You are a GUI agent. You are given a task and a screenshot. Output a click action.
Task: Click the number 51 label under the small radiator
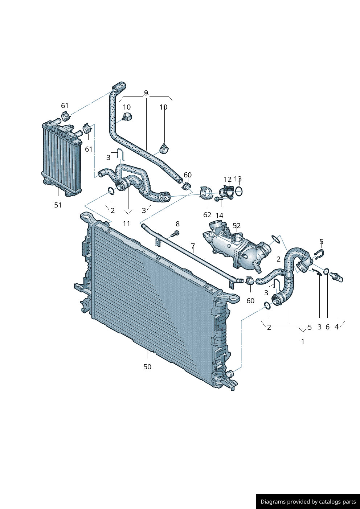[x=58, y=205]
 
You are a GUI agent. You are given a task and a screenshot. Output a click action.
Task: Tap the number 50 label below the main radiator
[x=147, y=367]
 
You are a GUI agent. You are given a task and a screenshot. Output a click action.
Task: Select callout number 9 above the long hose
[x=146, y=93]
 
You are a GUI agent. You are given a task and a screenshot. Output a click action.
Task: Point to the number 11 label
[x=126, y=223]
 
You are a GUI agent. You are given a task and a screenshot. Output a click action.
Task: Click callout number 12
[x=228, y=179]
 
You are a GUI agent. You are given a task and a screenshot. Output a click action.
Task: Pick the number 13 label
[x=238, y=179]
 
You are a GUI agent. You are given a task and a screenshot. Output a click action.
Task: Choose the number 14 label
[x=219, y=215]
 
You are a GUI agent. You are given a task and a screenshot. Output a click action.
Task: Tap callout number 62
[x=207, y=215]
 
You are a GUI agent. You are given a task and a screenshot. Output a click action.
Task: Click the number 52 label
[x=237, y=226]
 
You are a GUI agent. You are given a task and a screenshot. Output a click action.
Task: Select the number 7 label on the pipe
[x=193, y=246]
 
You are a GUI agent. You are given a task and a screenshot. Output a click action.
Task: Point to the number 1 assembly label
[x=303, y=341]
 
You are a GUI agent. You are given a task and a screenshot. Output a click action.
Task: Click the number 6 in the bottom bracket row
[x=327, y=327]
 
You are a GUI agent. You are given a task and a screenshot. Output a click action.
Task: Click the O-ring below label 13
[x=239, y=191]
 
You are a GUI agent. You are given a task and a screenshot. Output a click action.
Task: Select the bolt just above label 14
[x=218, y=199]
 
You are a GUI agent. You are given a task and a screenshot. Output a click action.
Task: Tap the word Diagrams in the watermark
[x=273, y=502]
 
